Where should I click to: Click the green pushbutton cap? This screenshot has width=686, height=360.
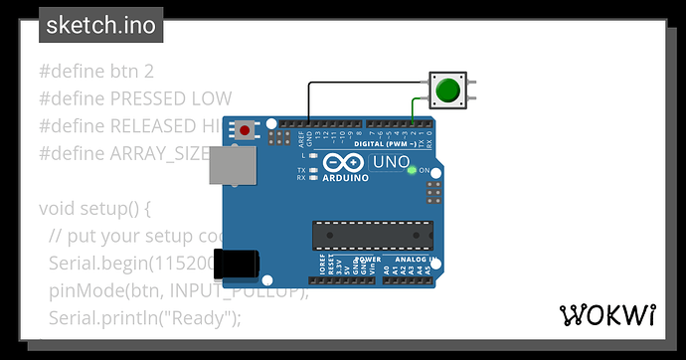448,90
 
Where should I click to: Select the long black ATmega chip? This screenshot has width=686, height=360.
373,235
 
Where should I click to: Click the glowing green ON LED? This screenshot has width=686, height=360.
412,170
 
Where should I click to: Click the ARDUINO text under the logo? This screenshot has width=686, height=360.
345,179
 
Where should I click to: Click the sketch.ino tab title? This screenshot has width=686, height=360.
100,26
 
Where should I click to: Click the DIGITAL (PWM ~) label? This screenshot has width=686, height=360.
401,144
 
